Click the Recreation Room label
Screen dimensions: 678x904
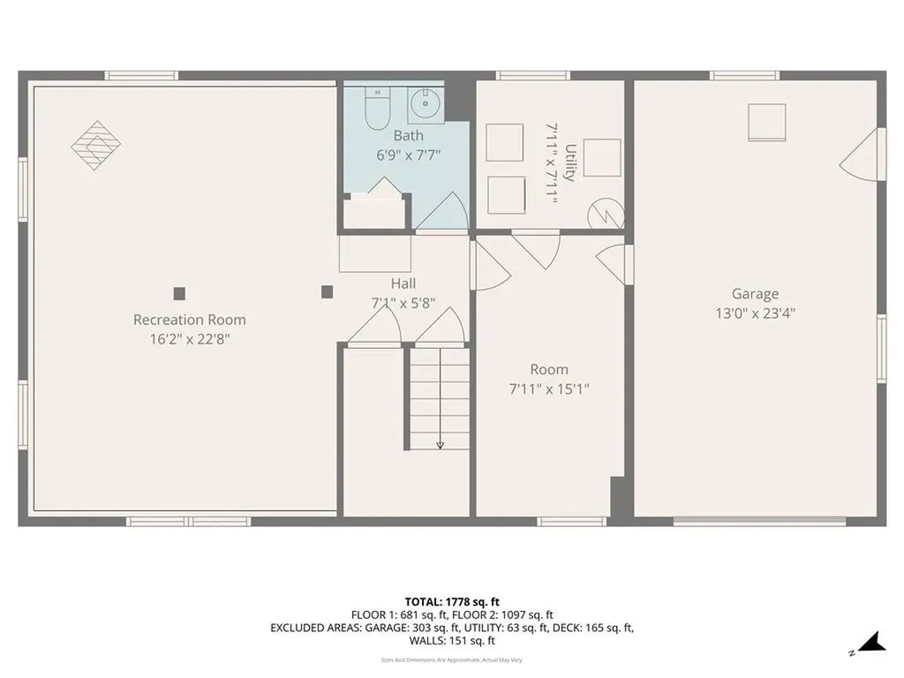pos(189,320)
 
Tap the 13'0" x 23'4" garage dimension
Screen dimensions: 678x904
pos(755,313)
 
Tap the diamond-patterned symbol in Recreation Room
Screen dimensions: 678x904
pos(95,144)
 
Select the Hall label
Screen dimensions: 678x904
pos(403,283)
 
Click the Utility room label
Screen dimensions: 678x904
pos(570,163)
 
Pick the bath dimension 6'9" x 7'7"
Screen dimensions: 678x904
pos(408,154)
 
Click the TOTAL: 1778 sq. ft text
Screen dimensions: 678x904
pos(451,601)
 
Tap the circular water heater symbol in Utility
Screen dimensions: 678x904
pos(607,213)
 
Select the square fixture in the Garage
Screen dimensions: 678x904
pos(766,122)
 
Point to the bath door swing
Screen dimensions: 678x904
pos(442,212)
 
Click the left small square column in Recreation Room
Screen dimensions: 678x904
pos(179,293)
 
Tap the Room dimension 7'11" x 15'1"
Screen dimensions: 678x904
pos(549,388)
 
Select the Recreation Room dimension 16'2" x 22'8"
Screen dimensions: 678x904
pos(189,338)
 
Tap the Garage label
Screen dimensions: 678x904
pos(755,294)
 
